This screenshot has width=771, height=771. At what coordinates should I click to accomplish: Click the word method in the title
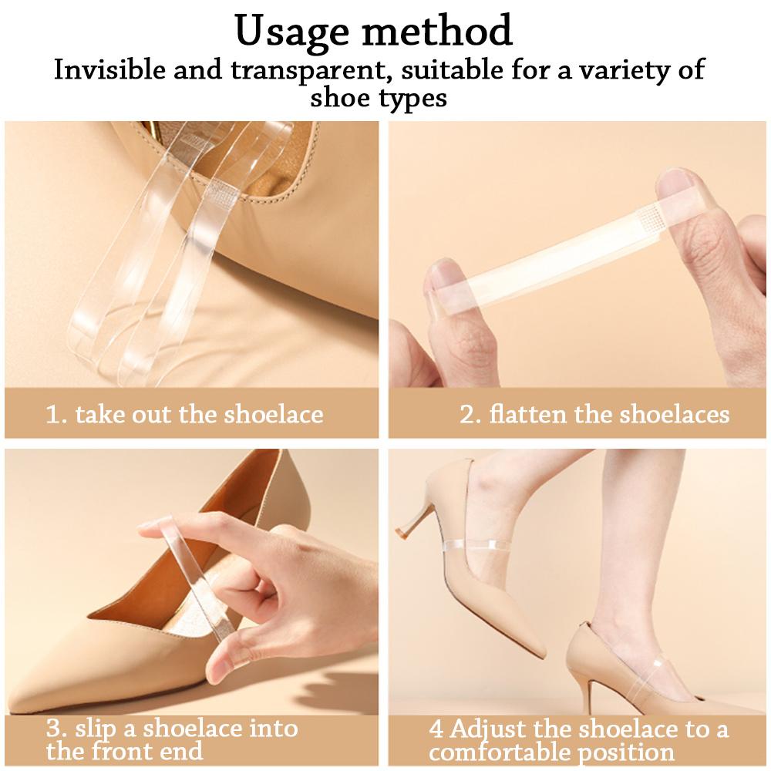[x=438, y=31]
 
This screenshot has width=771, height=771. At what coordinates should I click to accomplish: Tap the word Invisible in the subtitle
[x=109, y=69]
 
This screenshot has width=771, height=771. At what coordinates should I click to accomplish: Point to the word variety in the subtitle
[x=624, y=71]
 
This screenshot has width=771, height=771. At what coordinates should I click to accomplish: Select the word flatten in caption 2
[x=527, y=414]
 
